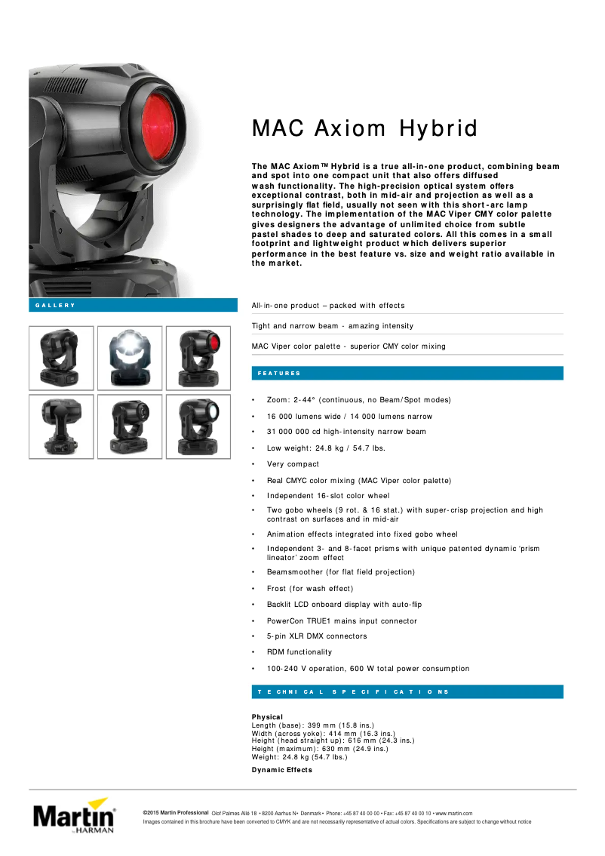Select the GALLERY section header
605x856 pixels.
pos(56,305)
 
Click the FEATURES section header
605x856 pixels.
pos(279,373)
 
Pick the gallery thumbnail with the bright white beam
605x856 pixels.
pos(130,358)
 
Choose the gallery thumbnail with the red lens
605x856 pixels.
pos(198,358)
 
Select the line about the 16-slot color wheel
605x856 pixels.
pos(328,496)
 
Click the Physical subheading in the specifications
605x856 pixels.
pos(267,716)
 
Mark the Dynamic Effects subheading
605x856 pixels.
pos(281,769)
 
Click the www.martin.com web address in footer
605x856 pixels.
pos(454,812)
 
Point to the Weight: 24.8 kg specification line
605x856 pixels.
pos(299,756)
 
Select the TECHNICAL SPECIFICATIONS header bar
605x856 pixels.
pos(353,691)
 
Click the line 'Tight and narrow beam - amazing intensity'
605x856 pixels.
pos(333,325)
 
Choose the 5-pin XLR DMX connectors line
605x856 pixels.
pos(317,636)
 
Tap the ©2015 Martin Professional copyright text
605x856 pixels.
pos(176,812)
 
